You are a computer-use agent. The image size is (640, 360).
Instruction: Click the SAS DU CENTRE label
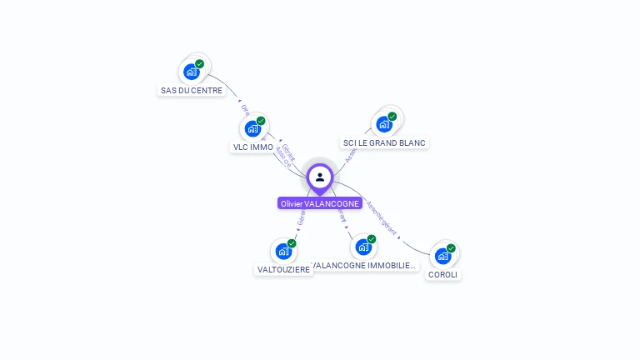point(192,90)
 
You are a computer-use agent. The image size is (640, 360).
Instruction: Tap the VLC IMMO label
point(252,147)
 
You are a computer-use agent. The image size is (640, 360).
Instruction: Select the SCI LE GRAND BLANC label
point(384,142)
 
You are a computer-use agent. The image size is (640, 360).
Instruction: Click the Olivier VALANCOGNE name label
point(320,203)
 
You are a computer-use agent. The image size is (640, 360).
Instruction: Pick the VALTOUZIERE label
point(283,269)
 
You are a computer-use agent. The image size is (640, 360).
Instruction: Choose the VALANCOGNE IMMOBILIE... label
point(363,266)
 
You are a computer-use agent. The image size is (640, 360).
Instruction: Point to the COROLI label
point(442,274)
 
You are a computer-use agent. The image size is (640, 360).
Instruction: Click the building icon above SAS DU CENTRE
point(192,72)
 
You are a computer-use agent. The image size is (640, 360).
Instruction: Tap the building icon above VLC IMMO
point(252,129)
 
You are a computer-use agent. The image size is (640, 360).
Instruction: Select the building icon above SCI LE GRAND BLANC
point(383,124)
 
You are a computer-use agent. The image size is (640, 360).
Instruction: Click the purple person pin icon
point(320,177)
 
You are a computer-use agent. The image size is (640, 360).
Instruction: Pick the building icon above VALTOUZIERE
point(283,251)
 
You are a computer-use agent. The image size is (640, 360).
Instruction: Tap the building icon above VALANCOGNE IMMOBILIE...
point(362,247)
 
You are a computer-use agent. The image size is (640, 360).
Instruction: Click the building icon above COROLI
point(442,256)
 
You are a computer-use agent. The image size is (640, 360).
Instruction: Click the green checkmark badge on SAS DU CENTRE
point(200,63)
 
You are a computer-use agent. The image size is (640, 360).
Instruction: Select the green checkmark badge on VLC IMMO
point(261,121)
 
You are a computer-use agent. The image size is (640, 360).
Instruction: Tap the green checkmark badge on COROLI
point(451,247)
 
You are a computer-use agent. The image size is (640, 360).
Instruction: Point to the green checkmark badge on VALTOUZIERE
point(292,242)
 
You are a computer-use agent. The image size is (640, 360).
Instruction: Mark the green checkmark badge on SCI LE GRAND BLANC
point(392,116)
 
